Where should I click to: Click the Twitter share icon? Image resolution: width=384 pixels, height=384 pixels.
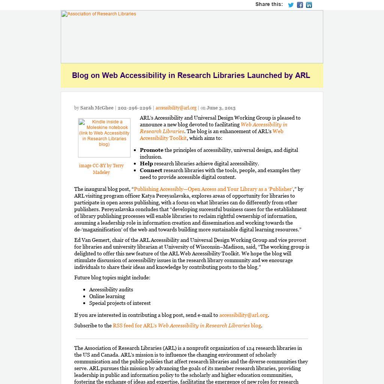[x=291, y=5]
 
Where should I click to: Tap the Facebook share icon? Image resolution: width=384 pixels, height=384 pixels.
[x=300, y=5]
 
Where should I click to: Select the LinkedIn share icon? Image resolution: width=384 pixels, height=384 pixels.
[x=309, y=5]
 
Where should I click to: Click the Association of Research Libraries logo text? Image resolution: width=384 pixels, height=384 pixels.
[x=99, y=14]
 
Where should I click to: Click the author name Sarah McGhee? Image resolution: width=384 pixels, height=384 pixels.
[x=97, y=108]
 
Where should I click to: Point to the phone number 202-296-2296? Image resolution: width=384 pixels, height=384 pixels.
[x=134, y=108]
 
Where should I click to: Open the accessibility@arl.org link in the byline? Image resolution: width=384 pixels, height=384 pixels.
[x=176, y=108]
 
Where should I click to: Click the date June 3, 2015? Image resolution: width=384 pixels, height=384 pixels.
[x=221, y=108]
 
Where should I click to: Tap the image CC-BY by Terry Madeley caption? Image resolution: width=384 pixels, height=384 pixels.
[x=101, y=169]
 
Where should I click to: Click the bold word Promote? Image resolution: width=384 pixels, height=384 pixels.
[x=151, y=150]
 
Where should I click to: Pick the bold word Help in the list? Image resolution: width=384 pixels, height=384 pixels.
[x=146, y=163]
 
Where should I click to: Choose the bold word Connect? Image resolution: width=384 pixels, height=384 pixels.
[x=151, y=170]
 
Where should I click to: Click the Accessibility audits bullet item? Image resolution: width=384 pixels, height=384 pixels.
[x=111, y=289]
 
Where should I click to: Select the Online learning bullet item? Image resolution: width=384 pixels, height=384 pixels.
[x=107, y=296]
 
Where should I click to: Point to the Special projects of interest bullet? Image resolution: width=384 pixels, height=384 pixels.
[x=120, y=303]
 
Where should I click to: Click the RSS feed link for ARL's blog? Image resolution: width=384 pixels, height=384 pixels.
[x=187, y=325]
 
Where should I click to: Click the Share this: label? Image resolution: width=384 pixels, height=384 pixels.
[x=269, y=4]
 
